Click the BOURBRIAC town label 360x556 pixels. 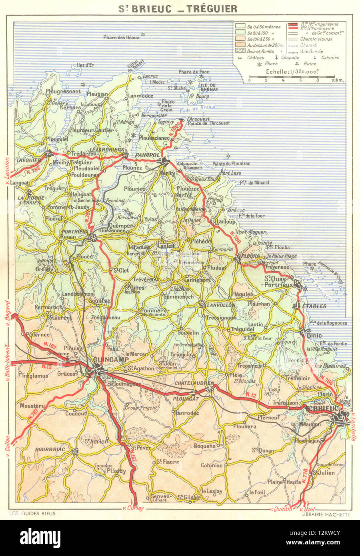pyautogui.click(x=50, y=449)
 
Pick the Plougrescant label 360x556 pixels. pyautogui.click(x=63, y=91)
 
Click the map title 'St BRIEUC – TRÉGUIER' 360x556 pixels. pyautogui.click(x=179, y=8)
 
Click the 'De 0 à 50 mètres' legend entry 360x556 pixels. pyautogui.click(x=264, y=27)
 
